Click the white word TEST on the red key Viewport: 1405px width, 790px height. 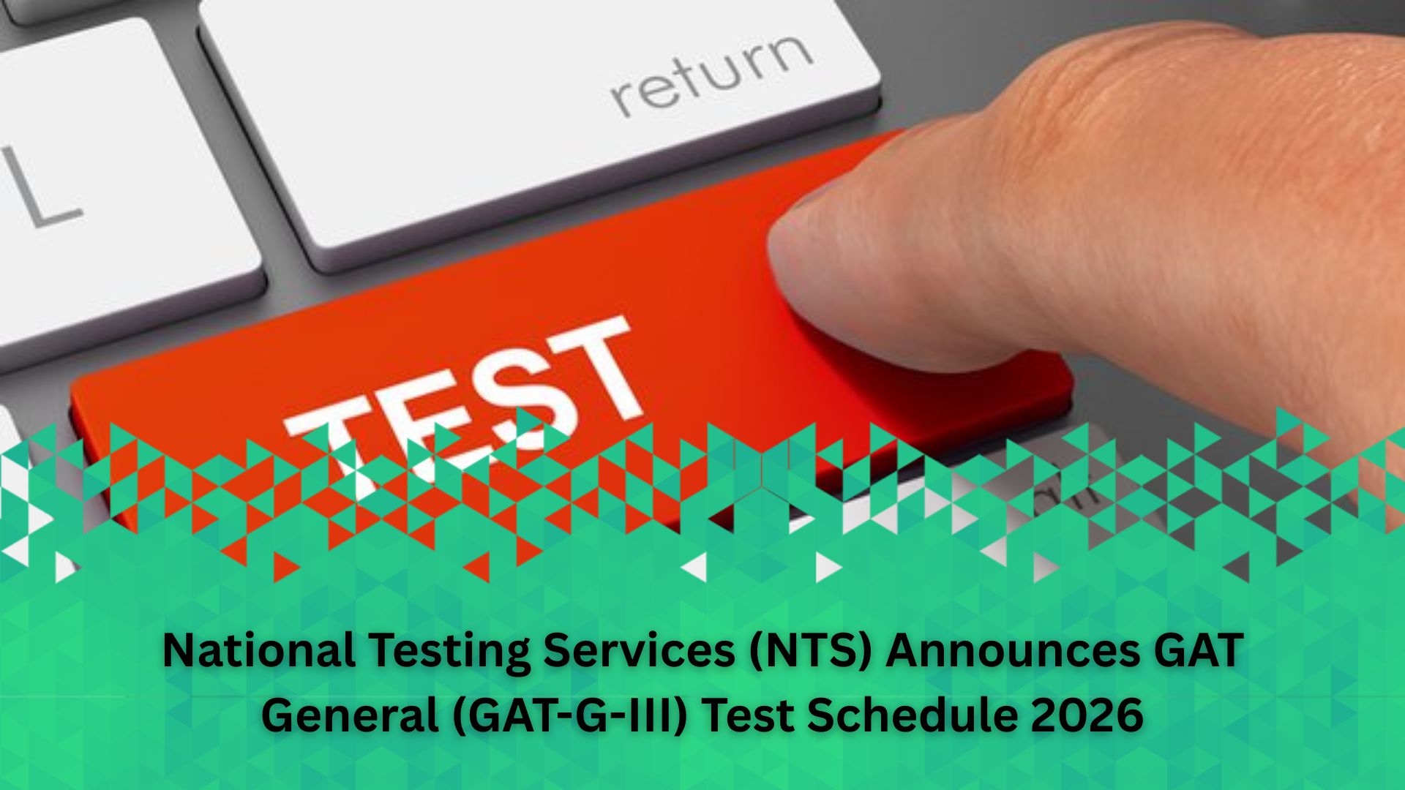(461, 406)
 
